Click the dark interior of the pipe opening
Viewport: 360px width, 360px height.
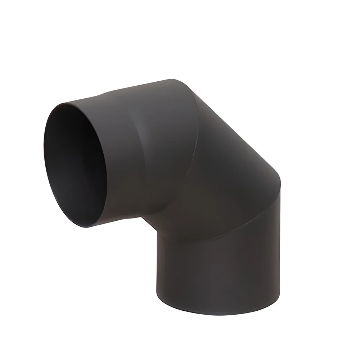click(72, 162)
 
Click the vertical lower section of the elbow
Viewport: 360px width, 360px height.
click(216, 274)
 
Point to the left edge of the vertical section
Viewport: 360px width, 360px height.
click(157, 270)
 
